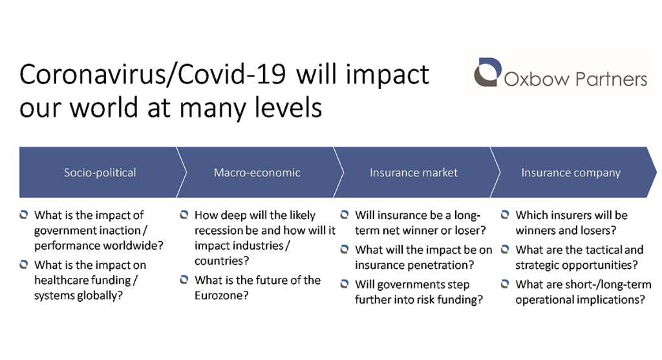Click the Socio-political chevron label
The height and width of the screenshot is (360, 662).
100,173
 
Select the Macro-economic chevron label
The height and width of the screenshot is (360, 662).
257,173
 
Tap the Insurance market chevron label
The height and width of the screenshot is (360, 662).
413,173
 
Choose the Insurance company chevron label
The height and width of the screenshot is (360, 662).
570,173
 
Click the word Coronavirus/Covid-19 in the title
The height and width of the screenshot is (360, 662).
154,75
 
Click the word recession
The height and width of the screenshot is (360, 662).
219,231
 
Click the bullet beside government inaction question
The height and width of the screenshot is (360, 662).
24,215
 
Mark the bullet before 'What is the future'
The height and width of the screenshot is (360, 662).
184,280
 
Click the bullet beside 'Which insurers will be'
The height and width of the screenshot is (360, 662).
505,215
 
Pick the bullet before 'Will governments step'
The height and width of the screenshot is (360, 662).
345,284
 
